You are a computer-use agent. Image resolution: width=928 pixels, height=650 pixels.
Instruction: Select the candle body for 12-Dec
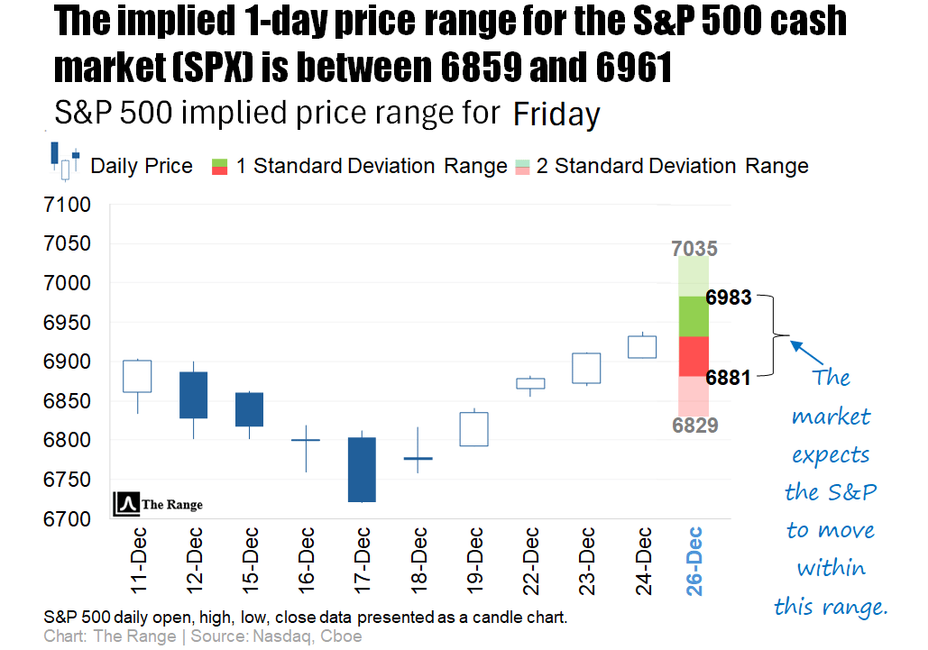(x=193, y=395)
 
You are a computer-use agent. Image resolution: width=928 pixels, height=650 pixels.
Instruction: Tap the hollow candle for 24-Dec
(x=641, y=347)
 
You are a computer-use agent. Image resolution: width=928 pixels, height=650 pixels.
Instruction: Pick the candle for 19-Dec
(x=473, y=429)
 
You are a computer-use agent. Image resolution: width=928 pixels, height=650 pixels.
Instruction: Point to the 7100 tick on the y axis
(x=68, y=205)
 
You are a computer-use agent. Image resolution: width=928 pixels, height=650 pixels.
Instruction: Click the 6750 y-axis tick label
(x=68, y=480)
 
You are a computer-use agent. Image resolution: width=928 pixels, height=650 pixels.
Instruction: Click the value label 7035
(x=694, y=248)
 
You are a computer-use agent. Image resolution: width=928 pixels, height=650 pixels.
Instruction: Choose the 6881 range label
(x=729, y=378)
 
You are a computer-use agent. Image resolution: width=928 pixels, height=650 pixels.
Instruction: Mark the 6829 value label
(x=695, y=426)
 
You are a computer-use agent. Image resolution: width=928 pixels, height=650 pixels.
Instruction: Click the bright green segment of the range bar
(x=694, y=316)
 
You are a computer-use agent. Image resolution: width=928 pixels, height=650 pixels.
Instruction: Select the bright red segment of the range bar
(x=694, y=356)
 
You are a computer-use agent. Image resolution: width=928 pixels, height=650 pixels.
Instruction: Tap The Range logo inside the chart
(x=158, y=505)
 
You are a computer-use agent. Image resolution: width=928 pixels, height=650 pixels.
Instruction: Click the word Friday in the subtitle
(x=556, y=114)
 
